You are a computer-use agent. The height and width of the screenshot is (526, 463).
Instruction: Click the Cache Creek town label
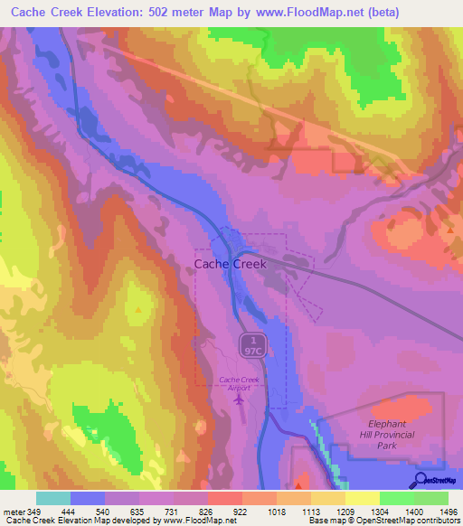(x=231, y=264)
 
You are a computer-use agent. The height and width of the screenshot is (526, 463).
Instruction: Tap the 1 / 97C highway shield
(x=252, y=343)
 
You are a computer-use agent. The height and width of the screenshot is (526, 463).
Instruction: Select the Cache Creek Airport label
(x=240, y=383)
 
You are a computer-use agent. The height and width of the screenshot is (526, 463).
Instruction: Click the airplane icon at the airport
(x=239, y=399)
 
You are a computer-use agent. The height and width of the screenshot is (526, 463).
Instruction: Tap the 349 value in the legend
(x=35, y=512)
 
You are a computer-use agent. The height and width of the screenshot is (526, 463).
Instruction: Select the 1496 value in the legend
(x=448, y=512)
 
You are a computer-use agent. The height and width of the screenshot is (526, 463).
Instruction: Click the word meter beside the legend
(x=13, y=512)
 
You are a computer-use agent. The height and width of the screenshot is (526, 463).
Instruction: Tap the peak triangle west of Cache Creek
(x=137, y=309)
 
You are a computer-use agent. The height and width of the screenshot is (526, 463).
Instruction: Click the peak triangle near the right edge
(x=449, y=230)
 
